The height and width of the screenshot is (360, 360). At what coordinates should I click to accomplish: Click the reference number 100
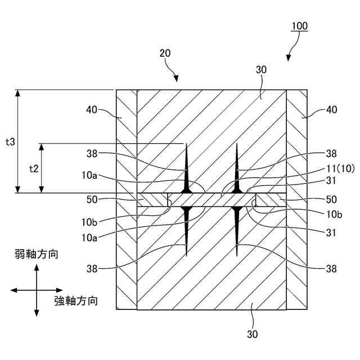click(x=299, y=26)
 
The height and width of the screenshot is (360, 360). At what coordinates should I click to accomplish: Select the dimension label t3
click(x=10, y=142)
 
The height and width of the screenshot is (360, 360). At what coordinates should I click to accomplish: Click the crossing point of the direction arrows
click(x=37, y=290)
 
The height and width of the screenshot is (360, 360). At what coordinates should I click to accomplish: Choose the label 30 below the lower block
click(x=252, y=334)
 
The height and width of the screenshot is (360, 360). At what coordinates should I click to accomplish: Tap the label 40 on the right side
click(x=332, y=110)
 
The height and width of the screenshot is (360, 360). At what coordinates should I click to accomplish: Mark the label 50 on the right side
click(x=332, y=200)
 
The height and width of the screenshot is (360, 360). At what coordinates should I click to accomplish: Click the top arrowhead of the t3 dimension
click(x=19, y=93)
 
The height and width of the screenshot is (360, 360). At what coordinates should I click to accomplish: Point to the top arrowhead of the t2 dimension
click(x=41, y=147)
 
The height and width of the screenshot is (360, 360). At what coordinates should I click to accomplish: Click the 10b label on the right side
click(x=332, y=214)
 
